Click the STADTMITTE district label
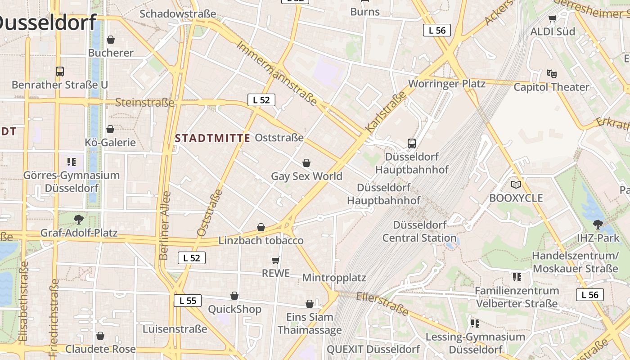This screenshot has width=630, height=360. (212, 138)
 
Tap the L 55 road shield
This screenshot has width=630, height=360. (188, 301)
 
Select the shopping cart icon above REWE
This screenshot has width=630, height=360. (276, 260)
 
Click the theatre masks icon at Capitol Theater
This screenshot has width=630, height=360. (551, 73)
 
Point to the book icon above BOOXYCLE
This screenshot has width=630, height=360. (516, 184)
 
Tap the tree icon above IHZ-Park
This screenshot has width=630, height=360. (598, 224)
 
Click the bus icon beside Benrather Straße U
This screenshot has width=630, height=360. (60, 71)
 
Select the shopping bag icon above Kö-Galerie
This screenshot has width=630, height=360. (110, 130)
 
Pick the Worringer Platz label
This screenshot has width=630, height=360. (446, 84)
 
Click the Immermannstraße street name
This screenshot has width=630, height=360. (277, 73)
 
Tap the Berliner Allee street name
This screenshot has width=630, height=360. (165, 225)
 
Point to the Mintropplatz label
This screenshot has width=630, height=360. (334, 277)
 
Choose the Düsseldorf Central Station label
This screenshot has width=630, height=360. (419, 231)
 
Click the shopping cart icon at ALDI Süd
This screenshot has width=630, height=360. (553, 18)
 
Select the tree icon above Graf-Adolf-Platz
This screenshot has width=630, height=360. (79, 220)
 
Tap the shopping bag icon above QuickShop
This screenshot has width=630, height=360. (234, 296)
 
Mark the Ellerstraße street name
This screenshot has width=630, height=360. (382, 303)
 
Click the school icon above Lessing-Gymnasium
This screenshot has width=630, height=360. (475, 323)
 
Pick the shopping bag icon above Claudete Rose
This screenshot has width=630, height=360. (100, 336)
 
